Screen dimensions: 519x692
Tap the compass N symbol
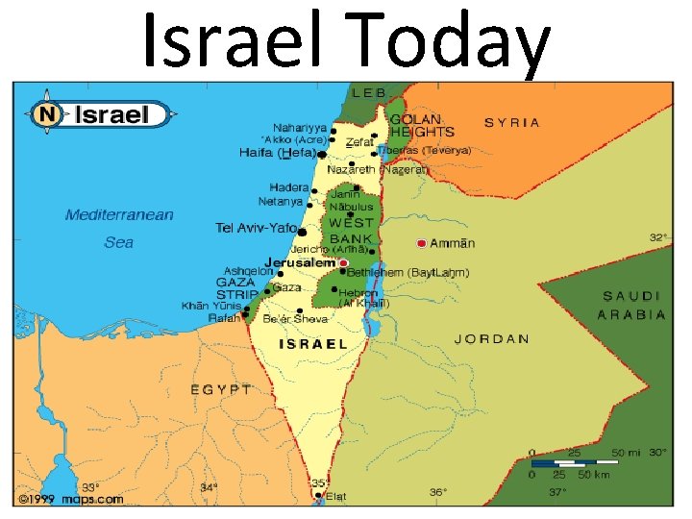point(45,115)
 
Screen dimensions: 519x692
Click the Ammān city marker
point(422,243)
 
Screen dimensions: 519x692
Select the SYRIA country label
point(511,123)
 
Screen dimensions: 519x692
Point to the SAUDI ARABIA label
point(630,305)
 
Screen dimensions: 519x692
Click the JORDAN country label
point(491,338)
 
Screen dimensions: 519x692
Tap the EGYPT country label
point(220,389)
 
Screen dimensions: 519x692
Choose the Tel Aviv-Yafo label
point(256,228)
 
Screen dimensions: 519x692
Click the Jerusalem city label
point(298,261)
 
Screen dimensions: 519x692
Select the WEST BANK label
point(351,231)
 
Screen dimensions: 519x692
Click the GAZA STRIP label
point(235,289)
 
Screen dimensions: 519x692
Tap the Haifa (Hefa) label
point(277,153)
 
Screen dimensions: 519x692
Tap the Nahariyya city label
point(299,127)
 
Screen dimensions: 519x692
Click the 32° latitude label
point(657,236)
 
